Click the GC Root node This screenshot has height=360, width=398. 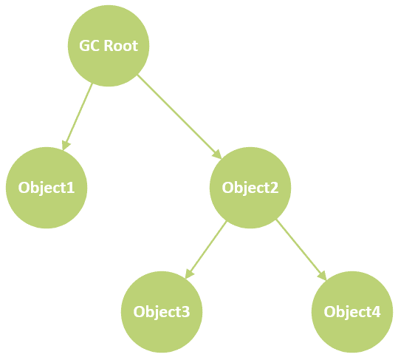click(109, 46)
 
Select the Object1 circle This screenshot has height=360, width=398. click(47, 188)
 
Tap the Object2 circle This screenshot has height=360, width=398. click(250, 188)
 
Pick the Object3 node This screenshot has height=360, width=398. click(162, 312)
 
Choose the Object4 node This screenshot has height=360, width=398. click(352, 312)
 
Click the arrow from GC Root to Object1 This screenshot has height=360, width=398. click(78, 117)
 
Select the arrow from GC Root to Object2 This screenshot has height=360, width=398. click(179, 117)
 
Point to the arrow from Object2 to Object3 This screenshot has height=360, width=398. click(206, 250)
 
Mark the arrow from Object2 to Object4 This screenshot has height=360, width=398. click(301, 250)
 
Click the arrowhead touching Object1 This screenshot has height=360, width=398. click(66, 146)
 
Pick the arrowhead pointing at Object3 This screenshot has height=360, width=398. click(189, 274)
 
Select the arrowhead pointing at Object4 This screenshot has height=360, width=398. click(322, 276)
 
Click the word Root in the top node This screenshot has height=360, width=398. click(121, 46)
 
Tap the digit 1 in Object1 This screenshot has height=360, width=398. click(71, 188)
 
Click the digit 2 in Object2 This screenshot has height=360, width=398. click(275, 188)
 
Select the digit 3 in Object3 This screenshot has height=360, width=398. click(186, 312)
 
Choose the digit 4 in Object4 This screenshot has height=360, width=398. click(377, 312)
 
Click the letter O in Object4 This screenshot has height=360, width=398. click(329, 312)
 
